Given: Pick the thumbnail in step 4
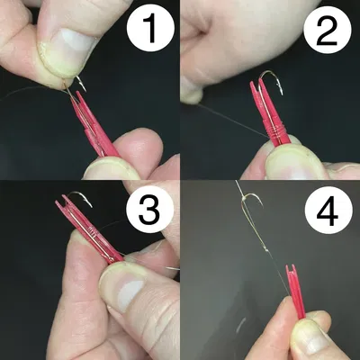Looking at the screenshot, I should click(310, 338).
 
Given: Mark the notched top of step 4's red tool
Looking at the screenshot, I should click(290, 269).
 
